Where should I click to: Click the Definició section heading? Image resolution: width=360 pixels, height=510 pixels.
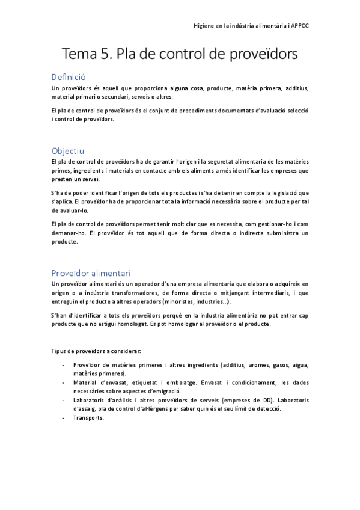point(69,77)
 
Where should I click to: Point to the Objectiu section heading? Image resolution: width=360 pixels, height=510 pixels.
point(68,150)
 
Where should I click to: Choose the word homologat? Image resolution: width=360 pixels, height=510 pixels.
point(133,324)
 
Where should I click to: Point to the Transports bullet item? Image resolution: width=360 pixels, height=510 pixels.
point(88,417)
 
